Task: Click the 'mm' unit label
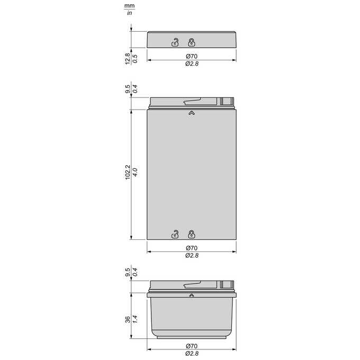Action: (x=130, y=6)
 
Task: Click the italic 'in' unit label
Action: (x=130, y=13)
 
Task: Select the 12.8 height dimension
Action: (x=128, y=59)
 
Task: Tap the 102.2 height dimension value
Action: (x=128, y=172)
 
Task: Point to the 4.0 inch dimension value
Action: (x=135, y=172)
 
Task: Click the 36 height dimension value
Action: (x=128, y=319)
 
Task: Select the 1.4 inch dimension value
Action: (x=135, y=319)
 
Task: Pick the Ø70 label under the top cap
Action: (x=192, y=56)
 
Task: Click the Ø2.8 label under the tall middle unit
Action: (x=192, y=255)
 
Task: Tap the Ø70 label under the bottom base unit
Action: (x=192, y=346)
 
